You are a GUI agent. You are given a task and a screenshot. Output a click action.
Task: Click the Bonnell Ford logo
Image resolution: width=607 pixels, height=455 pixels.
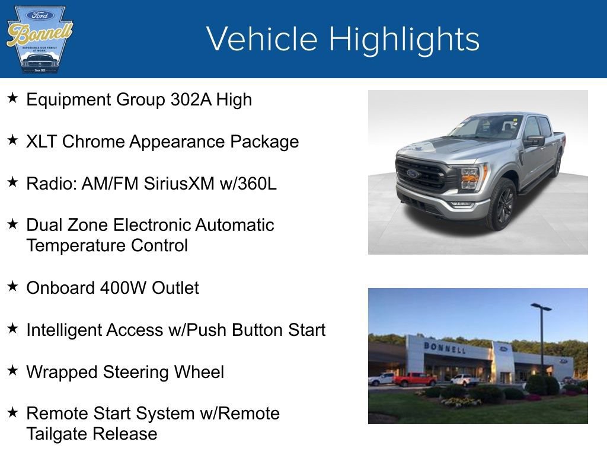(x=39, y=39)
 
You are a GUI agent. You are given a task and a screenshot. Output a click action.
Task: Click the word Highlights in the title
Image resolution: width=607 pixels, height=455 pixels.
(x=404, y=39)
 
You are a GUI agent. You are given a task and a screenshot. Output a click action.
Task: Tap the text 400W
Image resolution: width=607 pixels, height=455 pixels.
(x=123, y=288)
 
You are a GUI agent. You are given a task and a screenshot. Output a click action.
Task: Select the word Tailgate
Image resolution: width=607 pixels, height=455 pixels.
(x=56, y=434)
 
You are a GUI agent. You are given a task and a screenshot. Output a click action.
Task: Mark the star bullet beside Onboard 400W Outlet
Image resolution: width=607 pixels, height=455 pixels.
(x=12, y=287)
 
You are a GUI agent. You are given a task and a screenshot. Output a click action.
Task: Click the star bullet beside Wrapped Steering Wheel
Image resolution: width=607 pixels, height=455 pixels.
(x=12, y=371)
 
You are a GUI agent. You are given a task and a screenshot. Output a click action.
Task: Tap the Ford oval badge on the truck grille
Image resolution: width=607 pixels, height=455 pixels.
(x=413, y=174)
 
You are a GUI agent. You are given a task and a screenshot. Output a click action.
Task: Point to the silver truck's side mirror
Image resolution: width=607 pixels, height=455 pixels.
(x=533, y=141)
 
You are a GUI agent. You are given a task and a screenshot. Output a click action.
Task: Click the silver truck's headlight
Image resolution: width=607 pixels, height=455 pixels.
(x=469, y=176)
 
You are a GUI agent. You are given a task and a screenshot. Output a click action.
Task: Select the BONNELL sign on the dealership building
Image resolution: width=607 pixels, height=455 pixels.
(x=444, y=348)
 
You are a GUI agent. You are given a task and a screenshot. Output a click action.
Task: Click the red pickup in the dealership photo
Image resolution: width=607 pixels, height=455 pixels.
(x=414, y=379)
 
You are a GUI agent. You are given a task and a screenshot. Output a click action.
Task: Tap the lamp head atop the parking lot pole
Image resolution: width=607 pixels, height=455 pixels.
(x=541, y=307)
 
